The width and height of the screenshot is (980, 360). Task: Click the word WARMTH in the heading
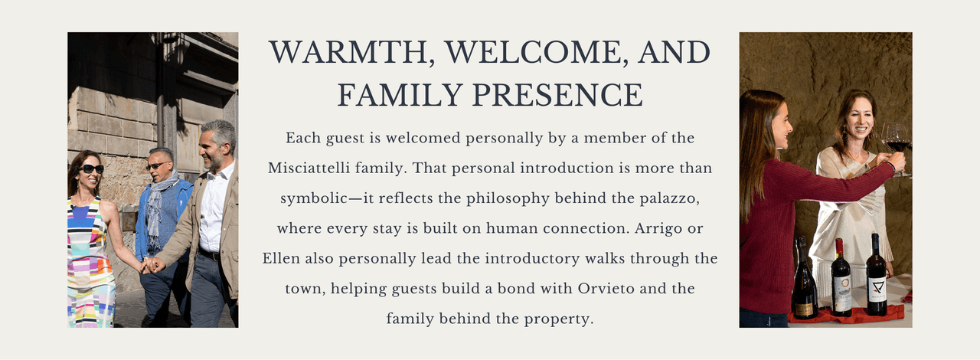[348, 53]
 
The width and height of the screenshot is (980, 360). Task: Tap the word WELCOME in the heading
[532, 54]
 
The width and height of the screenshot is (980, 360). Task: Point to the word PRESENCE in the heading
[558, 95]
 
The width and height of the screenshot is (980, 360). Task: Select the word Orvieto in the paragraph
[606, 289]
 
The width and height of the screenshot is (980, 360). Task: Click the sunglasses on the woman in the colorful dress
[91, 169]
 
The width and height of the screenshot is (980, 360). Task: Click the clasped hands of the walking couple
[152, 265]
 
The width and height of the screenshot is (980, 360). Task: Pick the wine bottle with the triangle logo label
[877, 275]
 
